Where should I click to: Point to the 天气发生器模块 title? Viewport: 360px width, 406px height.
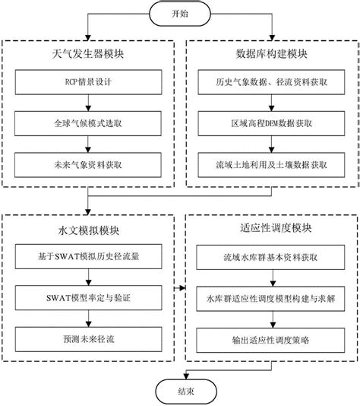[x=91, y=55]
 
